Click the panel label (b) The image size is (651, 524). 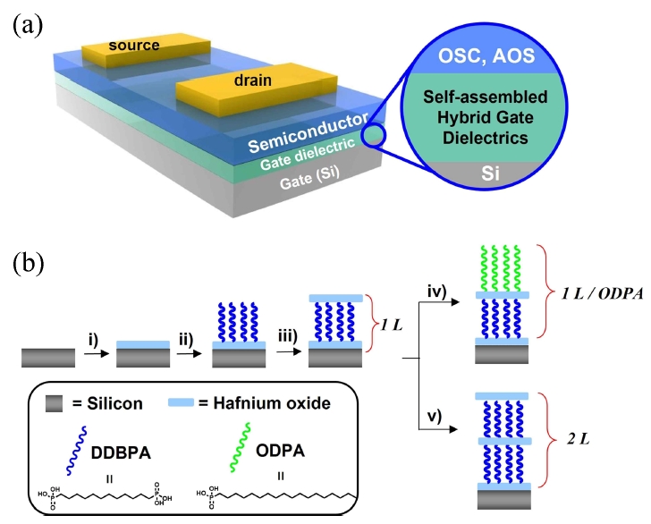click(x=26, y=266)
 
